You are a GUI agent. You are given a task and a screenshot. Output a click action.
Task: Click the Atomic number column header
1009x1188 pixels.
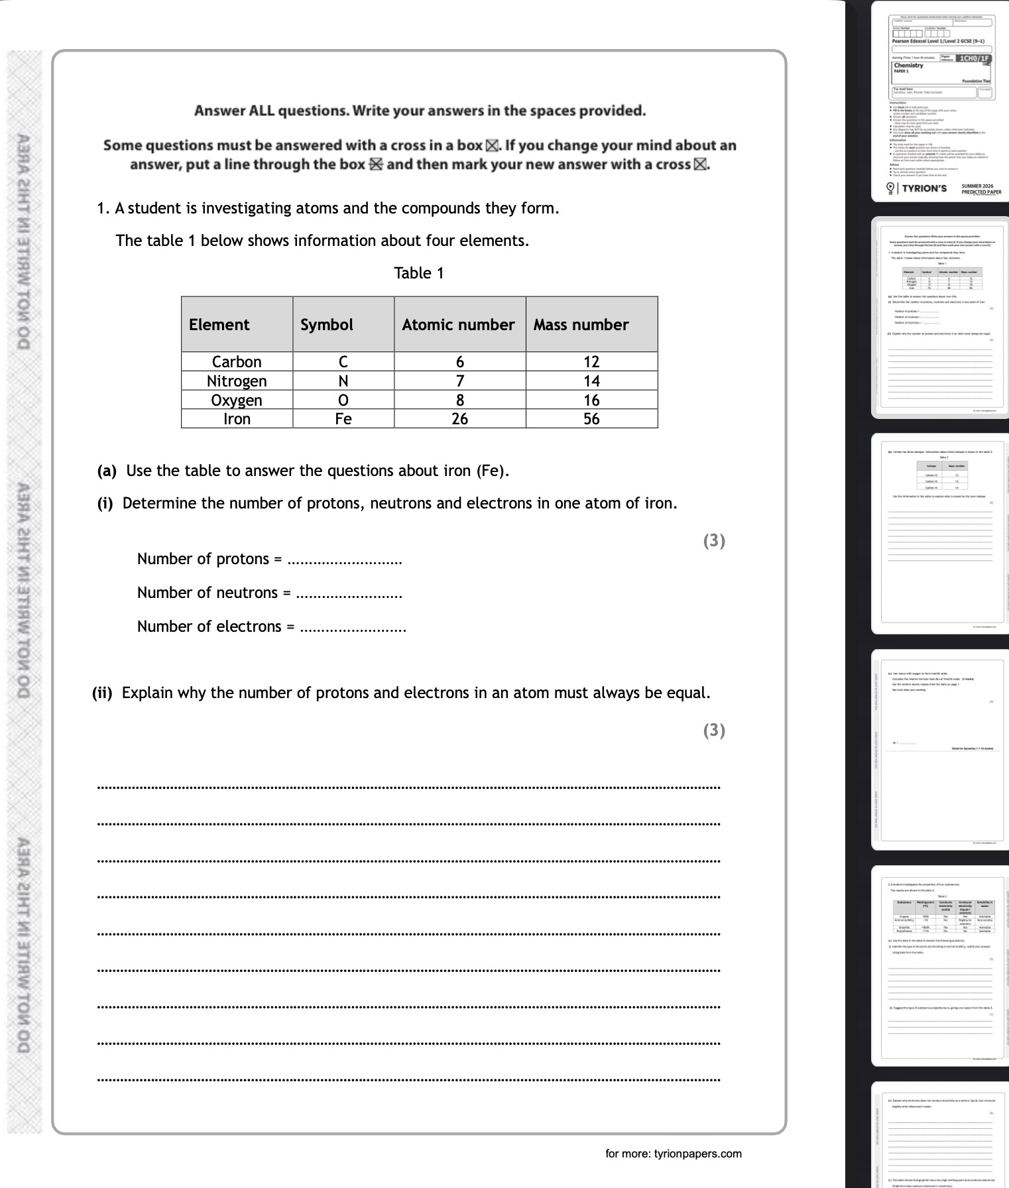click(458, 325)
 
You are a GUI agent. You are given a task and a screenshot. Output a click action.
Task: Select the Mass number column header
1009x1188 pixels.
click(581, 325)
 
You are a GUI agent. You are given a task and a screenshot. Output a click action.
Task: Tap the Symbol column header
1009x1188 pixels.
click(327, 325)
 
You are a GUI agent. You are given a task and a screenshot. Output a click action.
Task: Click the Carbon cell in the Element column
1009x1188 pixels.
click(237, 362)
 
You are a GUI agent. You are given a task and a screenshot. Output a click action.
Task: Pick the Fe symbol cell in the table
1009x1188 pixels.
click(343, 419)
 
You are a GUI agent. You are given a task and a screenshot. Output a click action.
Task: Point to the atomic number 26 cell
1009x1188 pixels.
click(459, 419)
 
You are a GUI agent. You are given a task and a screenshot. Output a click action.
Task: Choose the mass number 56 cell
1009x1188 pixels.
click(591, 419)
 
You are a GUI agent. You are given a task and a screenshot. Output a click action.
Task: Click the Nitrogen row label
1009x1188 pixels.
click(237, 381)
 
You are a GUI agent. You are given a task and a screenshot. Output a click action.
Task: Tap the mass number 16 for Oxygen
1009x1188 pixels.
click(591, 400)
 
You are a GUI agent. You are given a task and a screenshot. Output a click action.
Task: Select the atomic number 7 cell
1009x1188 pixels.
click(459, 381)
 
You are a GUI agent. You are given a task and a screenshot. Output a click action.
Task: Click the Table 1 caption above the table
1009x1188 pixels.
click(419, 273)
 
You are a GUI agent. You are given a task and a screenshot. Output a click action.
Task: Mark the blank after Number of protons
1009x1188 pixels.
click(345, 561)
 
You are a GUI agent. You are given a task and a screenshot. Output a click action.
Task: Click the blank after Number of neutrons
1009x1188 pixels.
click(349, 595)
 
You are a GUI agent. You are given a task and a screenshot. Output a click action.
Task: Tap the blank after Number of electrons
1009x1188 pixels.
click(353, 628)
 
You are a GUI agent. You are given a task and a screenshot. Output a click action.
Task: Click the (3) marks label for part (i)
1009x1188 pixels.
click(714, 541)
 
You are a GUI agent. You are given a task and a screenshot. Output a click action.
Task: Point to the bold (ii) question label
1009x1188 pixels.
click(102, 693)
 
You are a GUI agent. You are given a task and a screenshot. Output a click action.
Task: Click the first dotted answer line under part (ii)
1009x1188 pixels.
click(408, 788)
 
